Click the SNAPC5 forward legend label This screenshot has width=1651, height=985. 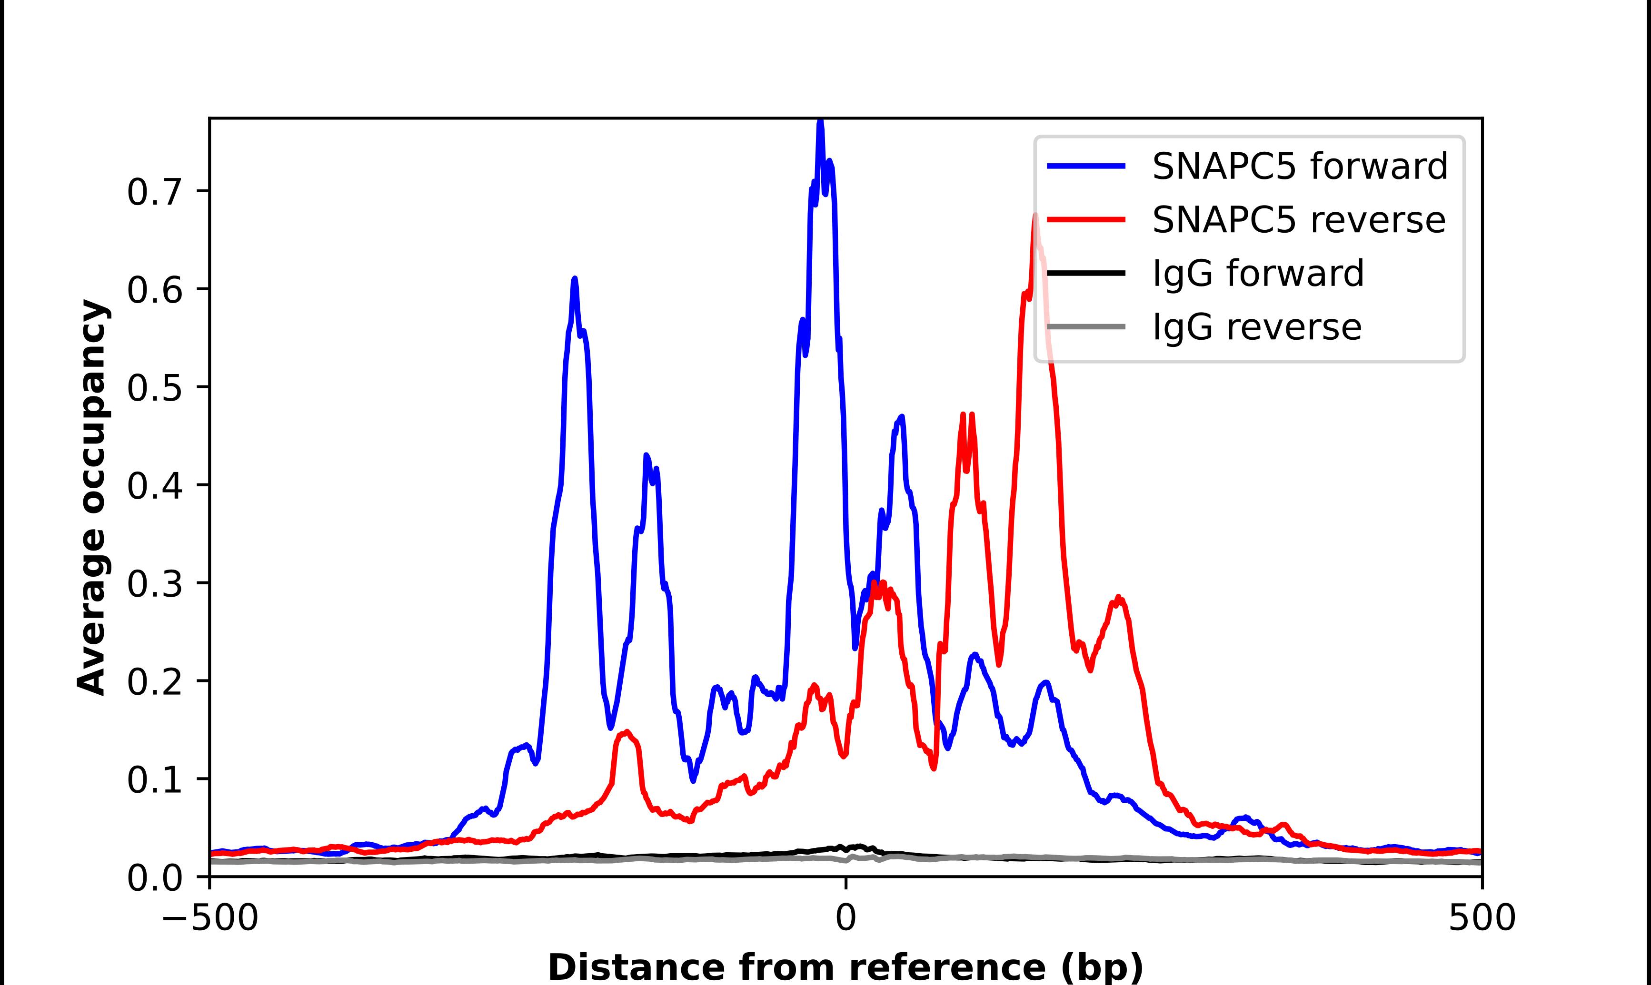(x=1299, y=166)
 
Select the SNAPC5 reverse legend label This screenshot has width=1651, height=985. (x=1299, y=220)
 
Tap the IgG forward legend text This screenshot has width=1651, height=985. (x=1258, y=274)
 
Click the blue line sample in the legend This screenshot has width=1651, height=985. (x=1086, y=166)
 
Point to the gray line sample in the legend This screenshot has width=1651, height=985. (x=1086, y=326)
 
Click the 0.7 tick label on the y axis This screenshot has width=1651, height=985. (x=154, y=193)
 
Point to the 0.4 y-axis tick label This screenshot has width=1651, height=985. (x=154, y=486)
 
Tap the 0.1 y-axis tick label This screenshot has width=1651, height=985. (x=154, y=780)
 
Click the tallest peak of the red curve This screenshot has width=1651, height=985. (x=1034, y=216)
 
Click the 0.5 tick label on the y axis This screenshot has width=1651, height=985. (x=154, y=388)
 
